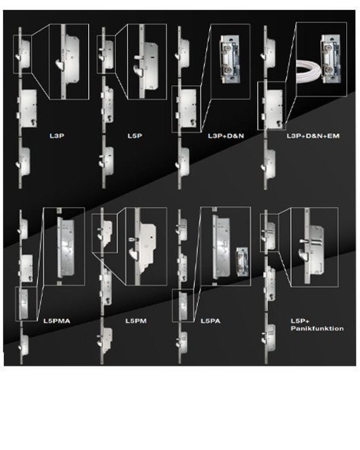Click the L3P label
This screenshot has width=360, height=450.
(57, 136)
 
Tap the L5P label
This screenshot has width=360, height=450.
(135, 136)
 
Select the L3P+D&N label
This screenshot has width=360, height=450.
(226, 136)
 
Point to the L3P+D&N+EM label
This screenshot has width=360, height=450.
(313, 136)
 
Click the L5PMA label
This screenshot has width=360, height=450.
(57, 321)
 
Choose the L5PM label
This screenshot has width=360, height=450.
(136, 321)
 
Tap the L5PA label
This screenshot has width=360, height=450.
(211, 321)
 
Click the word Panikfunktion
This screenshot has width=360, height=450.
(317, 329)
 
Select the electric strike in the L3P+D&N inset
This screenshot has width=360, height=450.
(230, 59)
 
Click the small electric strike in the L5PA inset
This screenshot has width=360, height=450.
(242, 262)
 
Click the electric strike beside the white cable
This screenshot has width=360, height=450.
(331, 59)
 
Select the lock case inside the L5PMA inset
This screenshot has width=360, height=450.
(66, 248)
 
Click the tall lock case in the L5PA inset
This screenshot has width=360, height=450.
(221, 248)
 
